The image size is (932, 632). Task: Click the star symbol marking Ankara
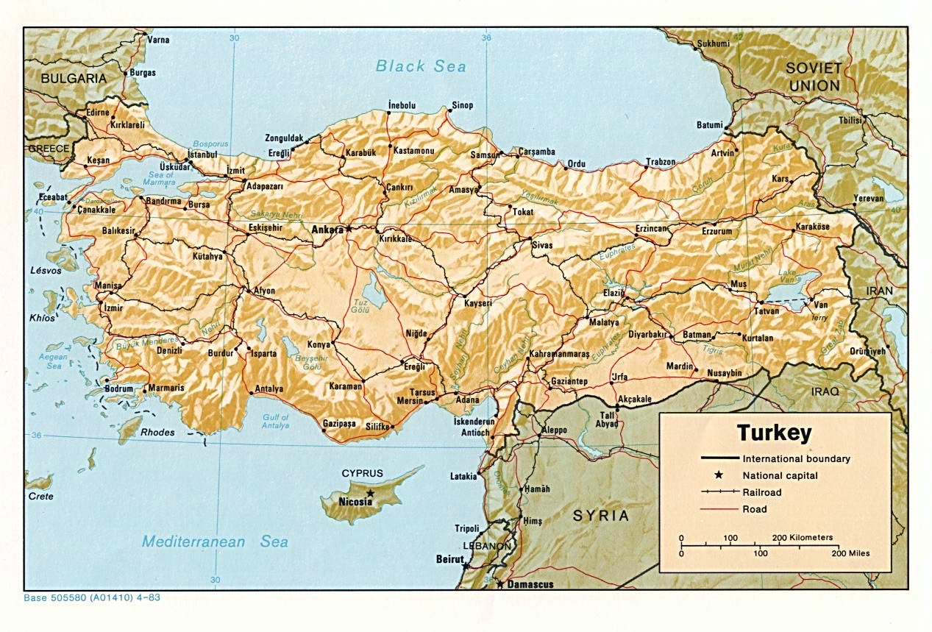tap(349, 229)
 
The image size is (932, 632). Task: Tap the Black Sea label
tap(421, 66)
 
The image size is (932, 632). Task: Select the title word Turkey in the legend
tap(774, 432)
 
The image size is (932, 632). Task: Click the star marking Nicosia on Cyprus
tap(370, 493)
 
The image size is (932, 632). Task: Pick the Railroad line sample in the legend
tap(719, 492)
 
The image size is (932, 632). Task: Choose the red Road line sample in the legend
tap(719, 509)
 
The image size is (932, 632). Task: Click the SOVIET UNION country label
tap(813, 77)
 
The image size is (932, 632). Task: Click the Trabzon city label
tap(661, 162)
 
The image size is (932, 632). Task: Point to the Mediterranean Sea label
tap(215, 542)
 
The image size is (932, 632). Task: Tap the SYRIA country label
tap(601, 515)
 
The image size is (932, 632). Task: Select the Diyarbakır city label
tap(647, 334)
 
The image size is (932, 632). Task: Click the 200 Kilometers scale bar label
tap(802, 538)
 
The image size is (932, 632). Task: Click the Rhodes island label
tap(157, 433)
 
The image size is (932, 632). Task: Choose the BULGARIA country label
tap(74, 78)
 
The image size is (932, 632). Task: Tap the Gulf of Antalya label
tap(276, 422)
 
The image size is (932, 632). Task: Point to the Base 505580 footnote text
tap(92, 597)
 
